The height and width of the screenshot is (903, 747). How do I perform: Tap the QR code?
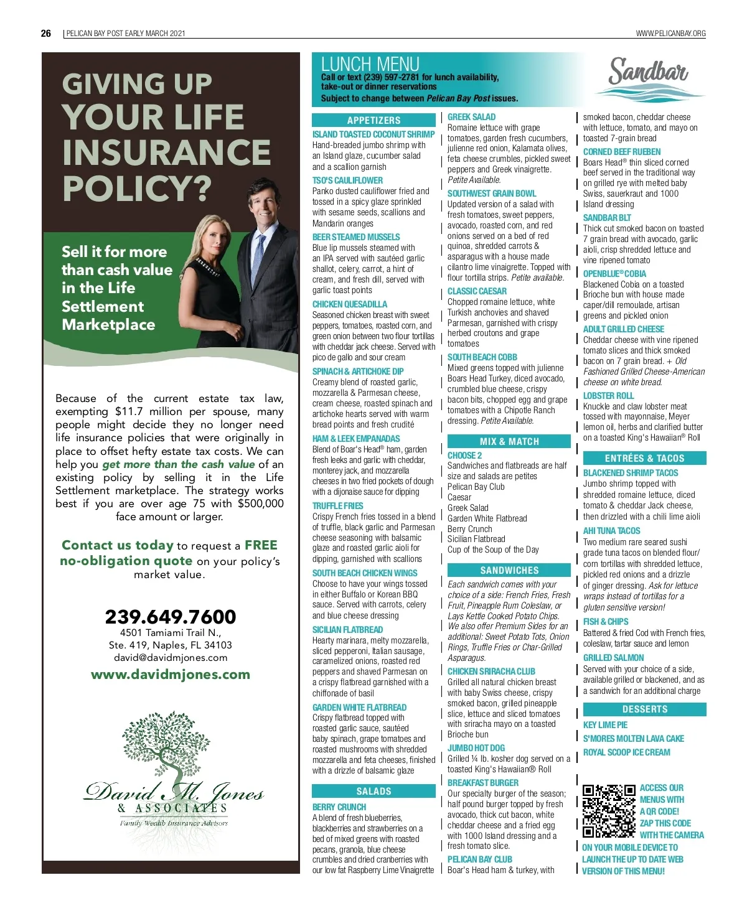[609, 812]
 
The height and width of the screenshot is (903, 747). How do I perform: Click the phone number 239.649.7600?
[171, 617]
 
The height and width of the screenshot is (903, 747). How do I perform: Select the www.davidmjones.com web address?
[171, 675]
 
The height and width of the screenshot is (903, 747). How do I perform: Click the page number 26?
[46, 34]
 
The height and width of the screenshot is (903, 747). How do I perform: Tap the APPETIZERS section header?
[374, 121]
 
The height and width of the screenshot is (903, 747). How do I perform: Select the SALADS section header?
[374, 792]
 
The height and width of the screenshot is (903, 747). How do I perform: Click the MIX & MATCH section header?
[509, 442]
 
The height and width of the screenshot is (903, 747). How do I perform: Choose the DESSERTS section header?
[644, 709]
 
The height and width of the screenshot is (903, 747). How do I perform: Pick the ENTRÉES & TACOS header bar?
[644, 459]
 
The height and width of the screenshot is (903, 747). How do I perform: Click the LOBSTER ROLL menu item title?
[608, 396]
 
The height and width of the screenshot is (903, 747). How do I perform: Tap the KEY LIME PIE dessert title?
[605, 725]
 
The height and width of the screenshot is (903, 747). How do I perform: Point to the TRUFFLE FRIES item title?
[338, 506]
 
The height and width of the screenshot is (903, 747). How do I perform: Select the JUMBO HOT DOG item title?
[476, 748]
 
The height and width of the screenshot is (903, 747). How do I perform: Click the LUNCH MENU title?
[370, 63]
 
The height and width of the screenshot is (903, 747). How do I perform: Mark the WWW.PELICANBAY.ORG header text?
[670, 34]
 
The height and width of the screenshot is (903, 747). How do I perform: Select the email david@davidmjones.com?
[171, 658]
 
